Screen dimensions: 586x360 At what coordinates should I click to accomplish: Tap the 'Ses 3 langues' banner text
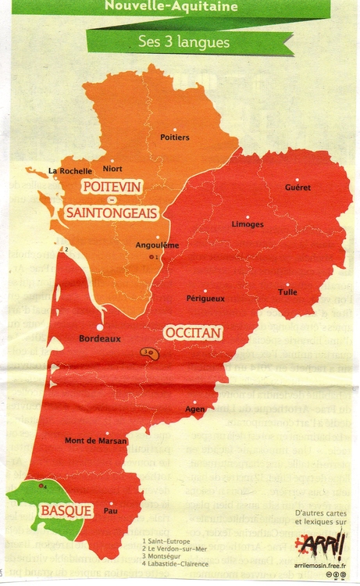[183, 41]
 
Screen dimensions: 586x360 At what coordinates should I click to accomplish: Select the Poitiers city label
[174, 138]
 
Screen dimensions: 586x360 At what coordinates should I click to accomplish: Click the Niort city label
[112, 168]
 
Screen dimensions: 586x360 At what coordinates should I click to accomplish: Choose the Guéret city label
[298, 188]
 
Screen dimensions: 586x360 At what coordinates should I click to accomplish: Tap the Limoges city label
[248, 224]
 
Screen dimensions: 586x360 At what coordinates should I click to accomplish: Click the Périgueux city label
[205, 298]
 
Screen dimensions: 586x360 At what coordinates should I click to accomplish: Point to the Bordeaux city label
[100, 339]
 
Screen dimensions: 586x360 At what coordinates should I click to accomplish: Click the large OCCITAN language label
[192, 334]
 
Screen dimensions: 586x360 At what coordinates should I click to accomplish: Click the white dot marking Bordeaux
[100, 327]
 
